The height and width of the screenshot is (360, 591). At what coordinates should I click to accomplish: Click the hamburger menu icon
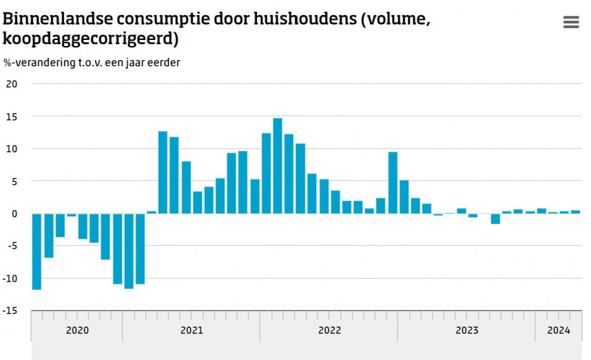click(571, 22)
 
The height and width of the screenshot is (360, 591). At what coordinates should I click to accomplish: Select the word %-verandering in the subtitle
click(35, 63)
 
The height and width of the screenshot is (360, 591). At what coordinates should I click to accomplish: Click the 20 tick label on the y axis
click(11, 84)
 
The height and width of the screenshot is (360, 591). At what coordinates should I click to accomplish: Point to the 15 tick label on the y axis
click(11, 116)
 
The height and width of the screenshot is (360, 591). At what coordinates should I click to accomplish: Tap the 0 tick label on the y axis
click(14, 213)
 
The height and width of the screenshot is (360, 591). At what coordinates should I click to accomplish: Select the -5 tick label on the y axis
click(11, 246)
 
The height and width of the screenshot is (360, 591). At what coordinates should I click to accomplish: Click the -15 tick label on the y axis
click(10, 310)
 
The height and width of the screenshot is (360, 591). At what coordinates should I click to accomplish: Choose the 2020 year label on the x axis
click(77, 330)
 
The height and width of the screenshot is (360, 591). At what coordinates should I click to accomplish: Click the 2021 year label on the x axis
click(191, 330)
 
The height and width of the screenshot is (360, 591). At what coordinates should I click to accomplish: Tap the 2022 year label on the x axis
click(329, 330)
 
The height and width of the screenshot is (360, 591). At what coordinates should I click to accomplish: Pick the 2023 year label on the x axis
click(467, 330)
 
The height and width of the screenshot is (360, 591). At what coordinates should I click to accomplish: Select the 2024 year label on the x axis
click(559, 330)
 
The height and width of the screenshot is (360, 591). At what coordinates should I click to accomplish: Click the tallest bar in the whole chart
click(278, 165)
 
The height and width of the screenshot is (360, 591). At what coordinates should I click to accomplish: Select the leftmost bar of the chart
click(37, 251)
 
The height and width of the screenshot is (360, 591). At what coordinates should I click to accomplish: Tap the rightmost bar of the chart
click(576, 212)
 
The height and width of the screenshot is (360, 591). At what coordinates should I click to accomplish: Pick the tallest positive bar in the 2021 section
click(163, 172)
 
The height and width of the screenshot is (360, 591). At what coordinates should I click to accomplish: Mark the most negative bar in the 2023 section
click(495, 218)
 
